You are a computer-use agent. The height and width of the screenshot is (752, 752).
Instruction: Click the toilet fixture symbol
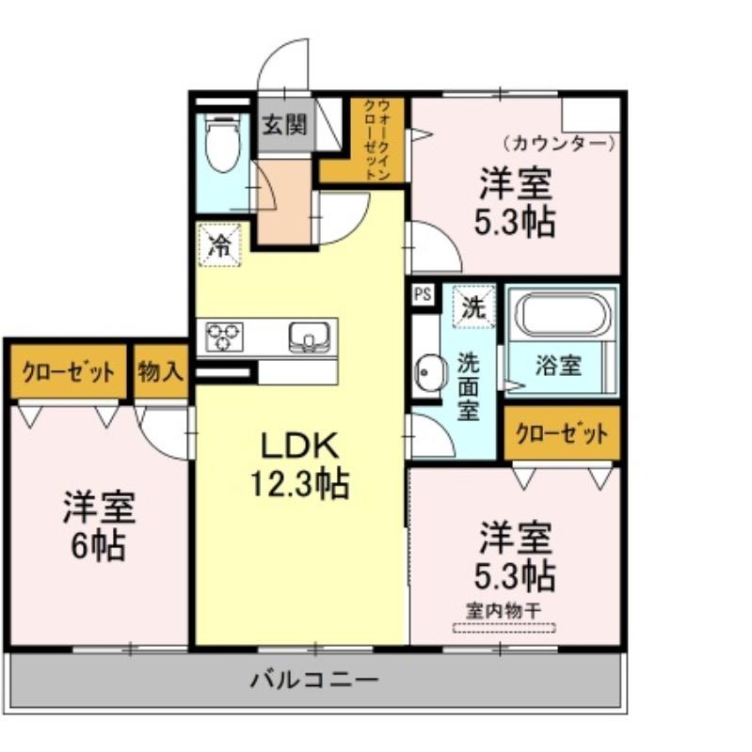[x=222, y=144]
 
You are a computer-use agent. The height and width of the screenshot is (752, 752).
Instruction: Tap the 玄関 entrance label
[x=284, y=125]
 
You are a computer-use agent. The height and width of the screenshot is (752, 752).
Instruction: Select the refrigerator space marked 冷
[x=219, y=245]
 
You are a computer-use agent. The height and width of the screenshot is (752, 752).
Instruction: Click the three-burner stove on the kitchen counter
[x=224, y=337]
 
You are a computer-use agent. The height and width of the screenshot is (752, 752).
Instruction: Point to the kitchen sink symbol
[x=310, y=337]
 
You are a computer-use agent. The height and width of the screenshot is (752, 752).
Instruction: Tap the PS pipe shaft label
[x=423, y=294]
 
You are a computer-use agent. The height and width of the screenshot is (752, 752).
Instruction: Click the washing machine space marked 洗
[x=473, y=306]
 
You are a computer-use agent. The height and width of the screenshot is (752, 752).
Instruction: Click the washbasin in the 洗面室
[x=429, y=372]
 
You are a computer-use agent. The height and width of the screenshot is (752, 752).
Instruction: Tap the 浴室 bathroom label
[x=558, y=366]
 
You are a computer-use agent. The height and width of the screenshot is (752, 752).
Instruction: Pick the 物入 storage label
[x=160, y=371]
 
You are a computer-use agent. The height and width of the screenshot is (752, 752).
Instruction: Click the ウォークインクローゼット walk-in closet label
[x=377, y=139]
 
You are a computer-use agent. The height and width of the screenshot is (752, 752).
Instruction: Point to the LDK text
[x=300, y=446]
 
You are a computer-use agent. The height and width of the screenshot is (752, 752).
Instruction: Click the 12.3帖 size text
[x=300, y=484]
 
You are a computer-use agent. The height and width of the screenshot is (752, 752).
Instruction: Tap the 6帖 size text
[x=99, y=546]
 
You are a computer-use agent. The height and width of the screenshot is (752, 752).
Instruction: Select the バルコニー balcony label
[x=314, y=680]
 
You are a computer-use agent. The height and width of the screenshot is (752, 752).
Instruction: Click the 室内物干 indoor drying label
[x=504, y=610]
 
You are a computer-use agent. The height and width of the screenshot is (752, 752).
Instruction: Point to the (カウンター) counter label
[x=559, y=143]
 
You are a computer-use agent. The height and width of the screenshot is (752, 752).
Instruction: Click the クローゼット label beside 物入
[x=69, y=372]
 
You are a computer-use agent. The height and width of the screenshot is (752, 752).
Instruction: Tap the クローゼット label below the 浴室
[x=562, y=434]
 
